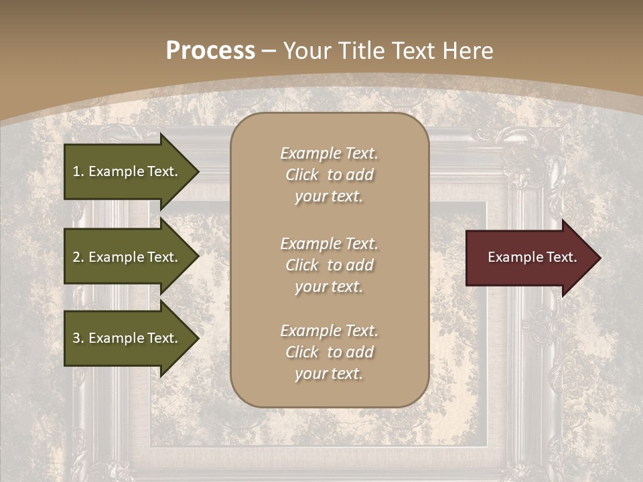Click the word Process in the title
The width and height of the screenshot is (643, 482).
tap(210, 51)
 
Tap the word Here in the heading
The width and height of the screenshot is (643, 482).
tap(468, 51)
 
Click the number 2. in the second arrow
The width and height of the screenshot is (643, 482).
tap(78, 257)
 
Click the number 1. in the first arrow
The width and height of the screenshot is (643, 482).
tap(78, 171)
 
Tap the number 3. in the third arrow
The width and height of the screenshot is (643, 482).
tap(78, 338)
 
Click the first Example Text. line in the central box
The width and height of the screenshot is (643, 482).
tap(329, 153)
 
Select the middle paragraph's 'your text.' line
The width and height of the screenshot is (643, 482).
tap(329, 287)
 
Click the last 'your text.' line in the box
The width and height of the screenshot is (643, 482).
tap(329, 374)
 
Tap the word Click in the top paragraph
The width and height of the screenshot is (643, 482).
tap(301, 175)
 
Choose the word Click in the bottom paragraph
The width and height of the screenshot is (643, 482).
tap(301, 352)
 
